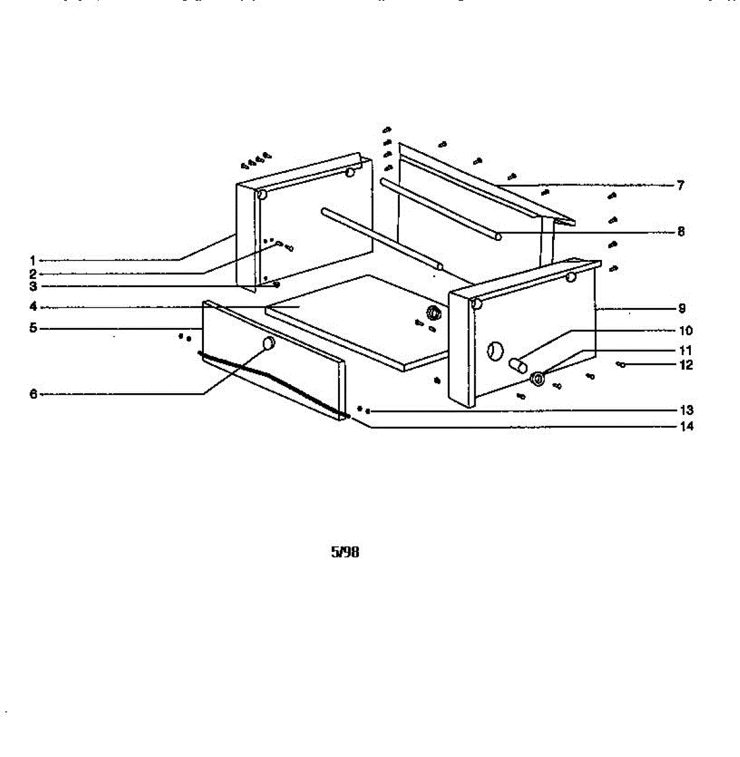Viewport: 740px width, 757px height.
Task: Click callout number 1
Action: [x=32, y=260]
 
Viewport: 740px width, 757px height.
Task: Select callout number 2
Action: [x=32, y=274]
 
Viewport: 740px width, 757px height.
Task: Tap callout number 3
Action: [x=32, y=286]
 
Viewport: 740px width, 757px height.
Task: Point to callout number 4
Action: [x=32, y=308]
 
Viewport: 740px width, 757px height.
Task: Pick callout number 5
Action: [x=32, y=329]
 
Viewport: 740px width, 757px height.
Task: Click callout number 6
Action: [x=33, y=394]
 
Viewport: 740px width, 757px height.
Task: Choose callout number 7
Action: [x=680, y=185]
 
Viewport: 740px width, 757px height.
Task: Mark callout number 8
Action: [x=681, y=232]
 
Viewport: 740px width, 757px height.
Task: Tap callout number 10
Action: [x=685, y=331]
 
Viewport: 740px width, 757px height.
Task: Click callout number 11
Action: [x=685, y=350]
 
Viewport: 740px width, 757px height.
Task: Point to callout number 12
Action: [x=685, y=365]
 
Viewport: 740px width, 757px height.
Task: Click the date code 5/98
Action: [x=345, y=552]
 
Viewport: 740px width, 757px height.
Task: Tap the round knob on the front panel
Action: [x=269, y=343]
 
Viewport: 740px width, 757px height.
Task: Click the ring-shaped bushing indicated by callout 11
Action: [x=537, y=379]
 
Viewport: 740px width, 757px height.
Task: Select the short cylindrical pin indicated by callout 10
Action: [x=518, y=365]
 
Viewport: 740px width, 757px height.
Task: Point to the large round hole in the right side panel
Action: [x=496, y=351]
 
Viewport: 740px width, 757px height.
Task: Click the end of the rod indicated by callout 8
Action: [x=498, y=237]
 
